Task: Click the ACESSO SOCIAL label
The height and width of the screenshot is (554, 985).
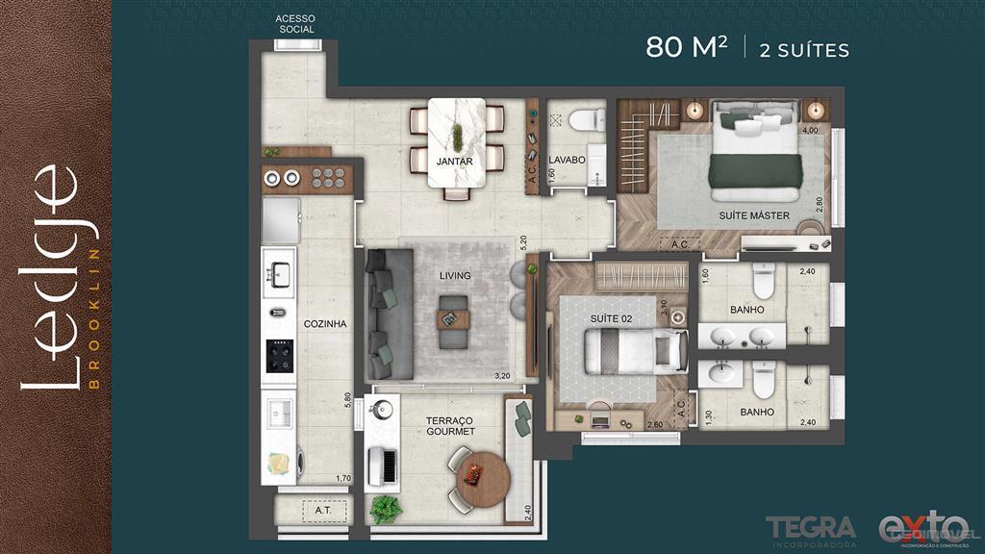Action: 294,24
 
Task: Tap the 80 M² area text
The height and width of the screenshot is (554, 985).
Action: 686,47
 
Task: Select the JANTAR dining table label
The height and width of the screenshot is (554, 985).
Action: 454,162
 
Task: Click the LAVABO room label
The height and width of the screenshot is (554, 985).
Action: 568,160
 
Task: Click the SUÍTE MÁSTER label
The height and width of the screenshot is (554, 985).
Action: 754,216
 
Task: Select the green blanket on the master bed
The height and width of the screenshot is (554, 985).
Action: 755,171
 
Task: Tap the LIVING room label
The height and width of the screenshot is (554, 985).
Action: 455,276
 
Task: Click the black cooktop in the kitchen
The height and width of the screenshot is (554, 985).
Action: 280,356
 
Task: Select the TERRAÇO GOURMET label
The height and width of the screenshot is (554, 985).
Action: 451,426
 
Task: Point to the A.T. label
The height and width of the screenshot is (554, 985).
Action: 322,511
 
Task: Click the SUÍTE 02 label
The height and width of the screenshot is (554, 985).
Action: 609,317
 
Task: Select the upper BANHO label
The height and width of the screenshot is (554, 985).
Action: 746,310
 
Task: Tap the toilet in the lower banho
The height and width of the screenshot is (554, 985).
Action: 764,383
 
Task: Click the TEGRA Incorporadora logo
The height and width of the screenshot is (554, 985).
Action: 810,528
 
